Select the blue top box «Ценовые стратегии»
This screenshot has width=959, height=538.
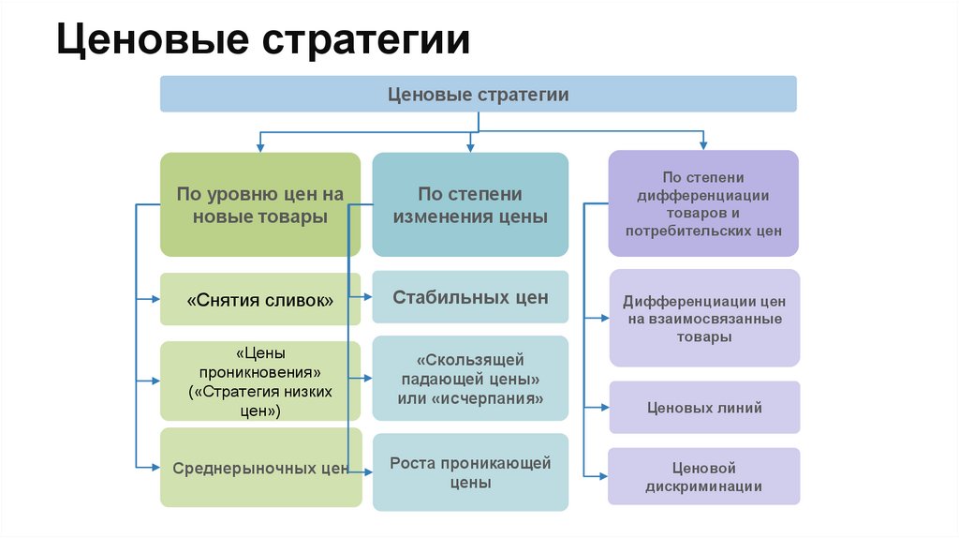pos(478,95)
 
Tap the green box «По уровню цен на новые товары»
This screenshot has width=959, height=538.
pos(259,204)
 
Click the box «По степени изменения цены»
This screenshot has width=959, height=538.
pos(470,204)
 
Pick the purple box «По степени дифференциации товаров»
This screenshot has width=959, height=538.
pos(703,203)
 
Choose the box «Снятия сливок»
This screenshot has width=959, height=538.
pos(259,300)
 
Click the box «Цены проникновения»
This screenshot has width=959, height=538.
pos(259,381)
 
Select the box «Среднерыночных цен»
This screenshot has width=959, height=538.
pos(259,467)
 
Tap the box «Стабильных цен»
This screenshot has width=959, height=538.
pos(470,297)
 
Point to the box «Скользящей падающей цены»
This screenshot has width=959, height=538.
pos(470,378)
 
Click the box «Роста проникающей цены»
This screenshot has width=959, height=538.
pos(470,472)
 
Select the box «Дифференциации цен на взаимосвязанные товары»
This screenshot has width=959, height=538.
pos(704,318)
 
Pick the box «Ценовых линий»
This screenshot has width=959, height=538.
pos(704,407)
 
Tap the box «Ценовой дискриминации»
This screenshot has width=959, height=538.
pos(704,476)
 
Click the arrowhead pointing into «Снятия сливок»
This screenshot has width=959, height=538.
pos(155,300)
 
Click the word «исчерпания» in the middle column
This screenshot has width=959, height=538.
pos(499,397)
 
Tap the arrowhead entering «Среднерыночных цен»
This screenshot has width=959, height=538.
pos(155,467)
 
